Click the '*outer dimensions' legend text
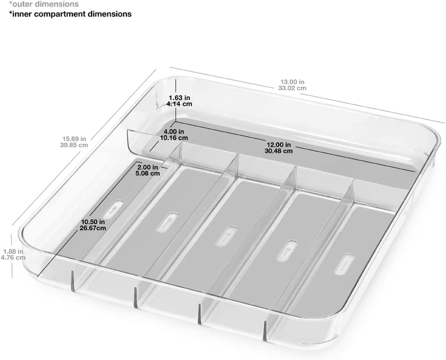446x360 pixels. point(44,4)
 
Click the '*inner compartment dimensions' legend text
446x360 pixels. point(70,14)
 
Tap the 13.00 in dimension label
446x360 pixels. point(292,82)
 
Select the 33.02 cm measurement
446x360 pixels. point(292,88)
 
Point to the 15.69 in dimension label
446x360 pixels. point(74,139)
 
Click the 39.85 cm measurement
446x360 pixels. point(74,145)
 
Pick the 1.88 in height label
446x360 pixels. point(13,252)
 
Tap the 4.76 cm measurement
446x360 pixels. point(13,258)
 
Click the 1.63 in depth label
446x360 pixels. point(179,98)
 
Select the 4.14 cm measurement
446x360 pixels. point(179,104)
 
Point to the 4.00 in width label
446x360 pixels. point(173,131)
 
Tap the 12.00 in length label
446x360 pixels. point(278,145)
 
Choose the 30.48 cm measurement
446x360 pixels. point(278,151)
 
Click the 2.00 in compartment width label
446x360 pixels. point(148,167)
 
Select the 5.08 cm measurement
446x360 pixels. point(148,173)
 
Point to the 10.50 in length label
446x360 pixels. point(93,222)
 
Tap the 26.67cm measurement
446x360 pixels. point(93,228)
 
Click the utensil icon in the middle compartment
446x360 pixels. point(226,236)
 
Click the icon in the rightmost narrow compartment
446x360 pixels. point(344,265)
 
